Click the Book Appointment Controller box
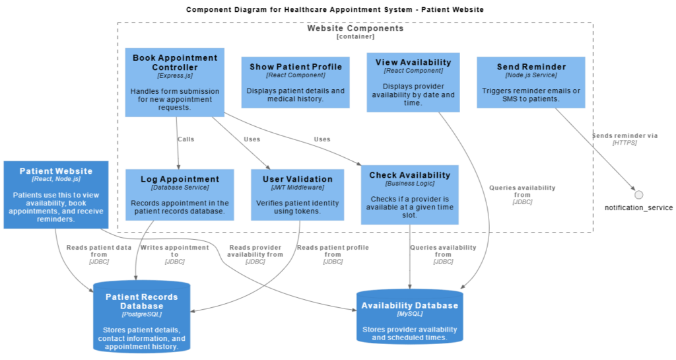(x=174, y=82)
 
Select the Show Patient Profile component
(x=295, y=82)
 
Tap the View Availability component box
(x=413, y=82)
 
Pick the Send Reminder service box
(x=531, y=82)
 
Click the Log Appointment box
(x=180, y=194)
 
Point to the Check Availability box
(x=409, y=194)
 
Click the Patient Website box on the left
(x=55, y=194)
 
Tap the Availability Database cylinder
(x=409, y=317)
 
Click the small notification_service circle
(x=638, y=195)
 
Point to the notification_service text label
(x=638, y=207)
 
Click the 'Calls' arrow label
(x=186, y=139)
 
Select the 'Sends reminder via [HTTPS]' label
(x=625, y=139)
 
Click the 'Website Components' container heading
(x=355, y=29)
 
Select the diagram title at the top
(x=335, y=9)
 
